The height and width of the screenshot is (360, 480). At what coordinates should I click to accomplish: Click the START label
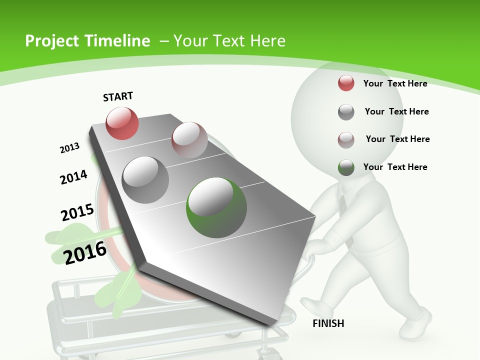point(118,96)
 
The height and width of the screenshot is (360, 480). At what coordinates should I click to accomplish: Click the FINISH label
point(328,323)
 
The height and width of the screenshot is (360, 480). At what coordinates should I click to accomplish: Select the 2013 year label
point(69,148)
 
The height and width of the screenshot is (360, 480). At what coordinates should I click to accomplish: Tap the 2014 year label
point(73,177)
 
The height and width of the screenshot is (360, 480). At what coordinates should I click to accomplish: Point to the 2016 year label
point(85,252)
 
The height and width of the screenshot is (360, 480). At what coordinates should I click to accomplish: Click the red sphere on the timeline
point(122,123)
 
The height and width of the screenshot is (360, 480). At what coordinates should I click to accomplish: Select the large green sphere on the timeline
point(216,207)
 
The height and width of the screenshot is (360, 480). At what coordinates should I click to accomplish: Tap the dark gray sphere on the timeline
point(145,179)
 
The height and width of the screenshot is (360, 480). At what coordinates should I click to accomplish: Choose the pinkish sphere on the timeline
point(189,140)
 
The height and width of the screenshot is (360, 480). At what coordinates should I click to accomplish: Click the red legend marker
point(346,83)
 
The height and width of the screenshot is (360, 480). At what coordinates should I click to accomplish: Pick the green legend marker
point(346,167)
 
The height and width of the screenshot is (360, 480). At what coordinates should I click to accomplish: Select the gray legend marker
point(346,112)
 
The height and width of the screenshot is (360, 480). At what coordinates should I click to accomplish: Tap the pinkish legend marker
point(346,140)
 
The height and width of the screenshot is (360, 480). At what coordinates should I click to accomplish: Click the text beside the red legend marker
point(395,83)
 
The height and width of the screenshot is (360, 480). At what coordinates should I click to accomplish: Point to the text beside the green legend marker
point(395,167)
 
